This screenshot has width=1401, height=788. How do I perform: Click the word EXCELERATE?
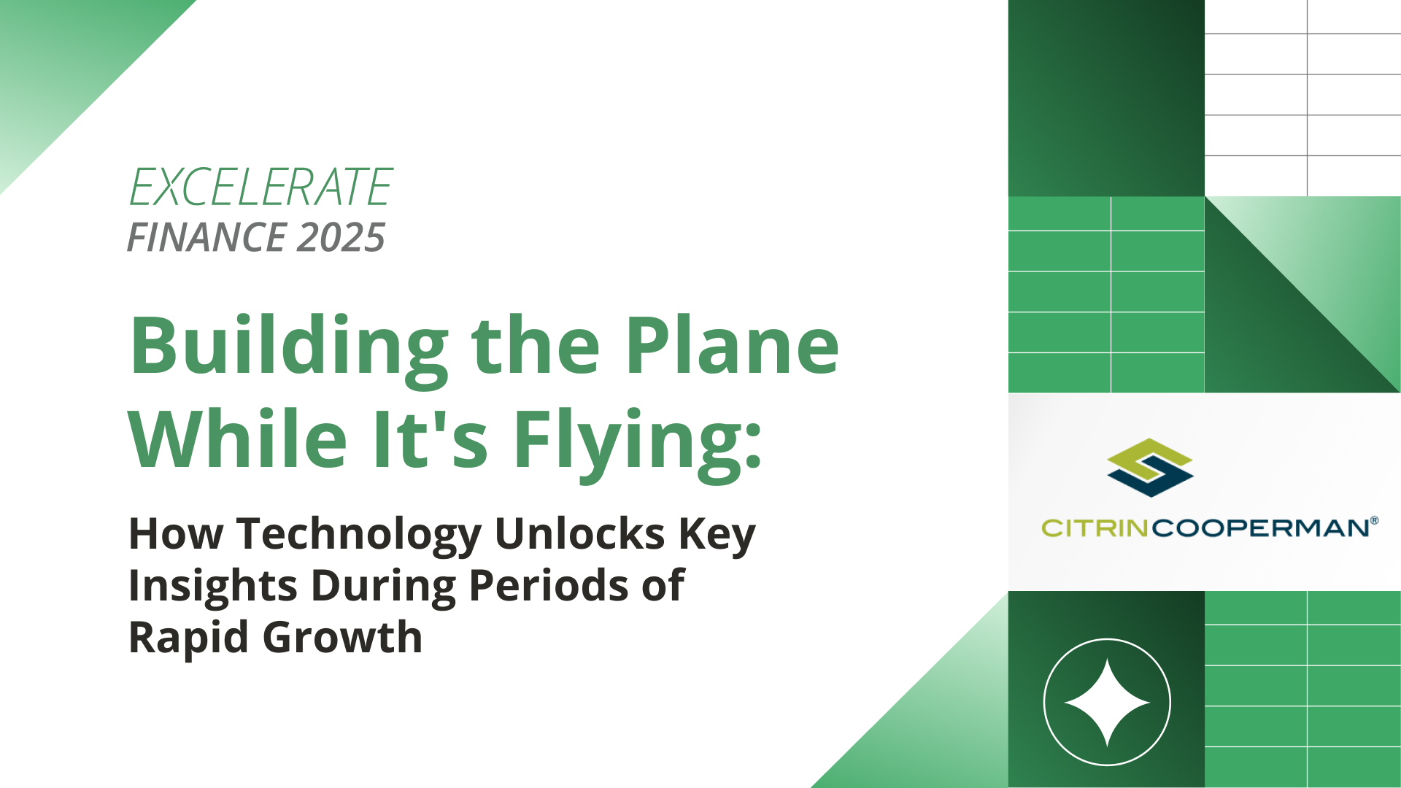260,187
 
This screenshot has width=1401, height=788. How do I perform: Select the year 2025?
341,237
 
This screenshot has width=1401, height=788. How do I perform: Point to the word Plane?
732,344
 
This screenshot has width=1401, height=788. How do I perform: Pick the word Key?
717,536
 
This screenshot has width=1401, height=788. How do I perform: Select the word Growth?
342,637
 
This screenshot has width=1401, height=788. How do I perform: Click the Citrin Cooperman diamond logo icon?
1150,468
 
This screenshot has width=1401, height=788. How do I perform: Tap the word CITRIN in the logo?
1095,528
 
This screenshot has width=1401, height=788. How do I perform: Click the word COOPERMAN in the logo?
1260,528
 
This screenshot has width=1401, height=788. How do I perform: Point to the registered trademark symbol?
1375,521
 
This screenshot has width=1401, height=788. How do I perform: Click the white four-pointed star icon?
1107,703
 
